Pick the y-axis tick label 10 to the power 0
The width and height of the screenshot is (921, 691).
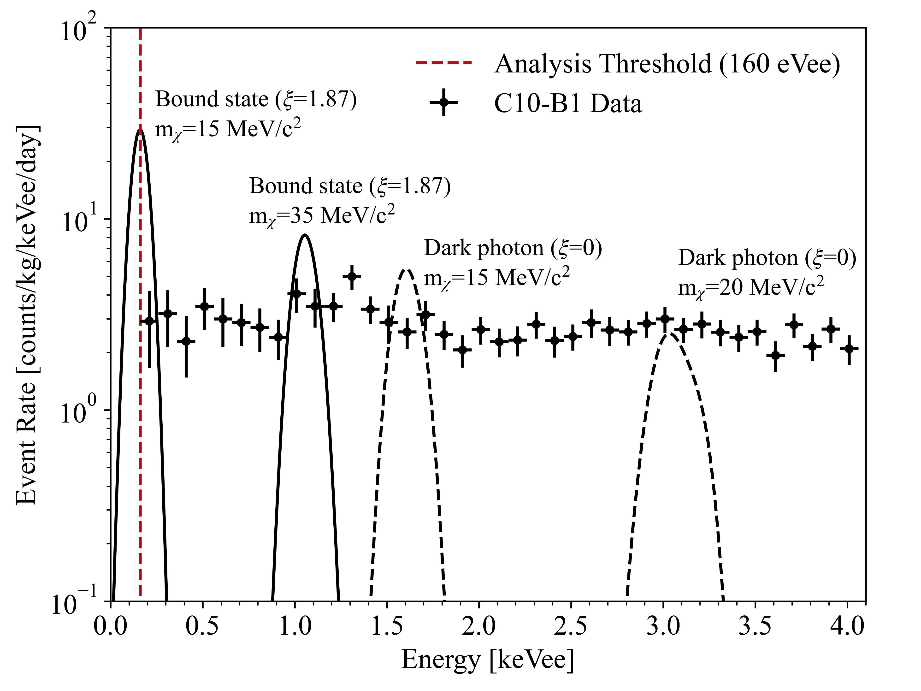tap(79, 412)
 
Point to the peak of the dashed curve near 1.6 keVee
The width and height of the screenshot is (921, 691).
tap(406, 270)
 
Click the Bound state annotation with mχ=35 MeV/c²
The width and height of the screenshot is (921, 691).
tap(350, 201)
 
